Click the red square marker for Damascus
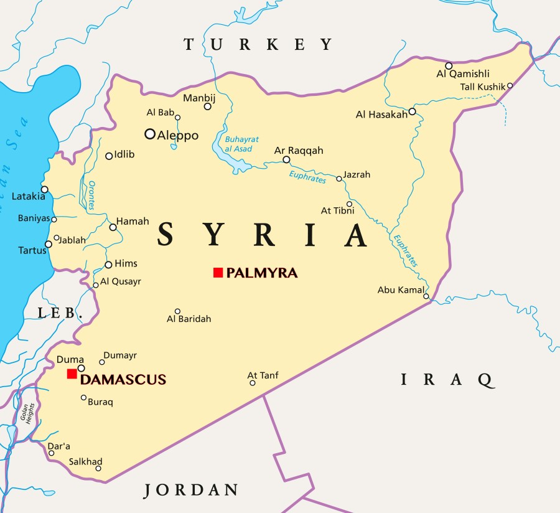[x=72, y=374]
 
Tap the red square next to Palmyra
[x=218, y=272]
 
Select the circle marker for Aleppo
[x=150, y=134]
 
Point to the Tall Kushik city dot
[x=510, y=86]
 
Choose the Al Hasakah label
[x=381, y=114]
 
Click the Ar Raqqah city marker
[x=286, y=160]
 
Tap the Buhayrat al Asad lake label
[x=242, y=144]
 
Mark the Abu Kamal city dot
[x=426, y=296]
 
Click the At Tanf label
[x=263, y=375]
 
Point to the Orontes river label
[x=91, y=196]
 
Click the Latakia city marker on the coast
[x=44, y=189]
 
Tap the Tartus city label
[x=32, y=250]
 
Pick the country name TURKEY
[x=258, y=44]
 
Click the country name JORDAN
[x=191, y=490]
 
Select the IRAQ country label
[x=447, y=379]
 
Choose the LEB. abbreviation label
[x=60, y=313]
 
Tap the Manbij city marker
[x=208, y=106]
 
